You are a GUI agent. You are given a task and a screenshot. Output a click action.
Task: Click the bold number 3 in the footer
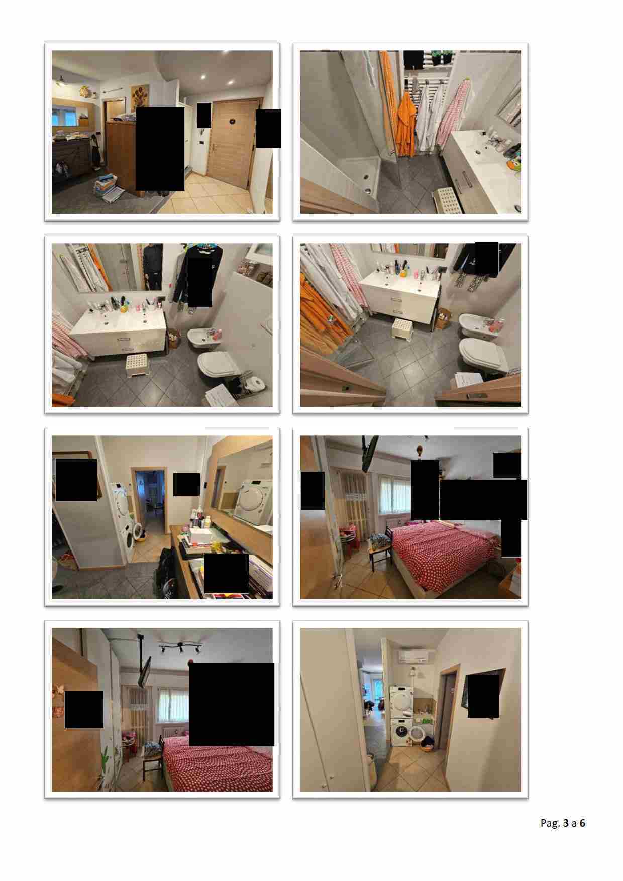click(566, 823)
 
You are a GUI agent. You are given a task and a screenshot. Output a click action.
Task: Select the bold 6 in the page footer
click(582, 823)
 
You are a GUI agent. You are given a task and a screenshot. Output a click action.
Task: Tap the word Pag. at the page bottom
click(550, 823)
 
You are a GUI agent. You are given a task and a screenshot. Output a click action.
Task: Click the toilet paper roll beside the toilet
click(257, 384)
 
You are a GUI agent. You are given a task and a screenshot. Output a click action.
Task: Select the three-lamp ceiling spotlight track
click(181, 647)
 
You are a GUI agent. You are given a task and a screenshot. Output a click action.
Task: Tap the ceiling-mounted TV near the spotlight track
click(145, 671)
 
